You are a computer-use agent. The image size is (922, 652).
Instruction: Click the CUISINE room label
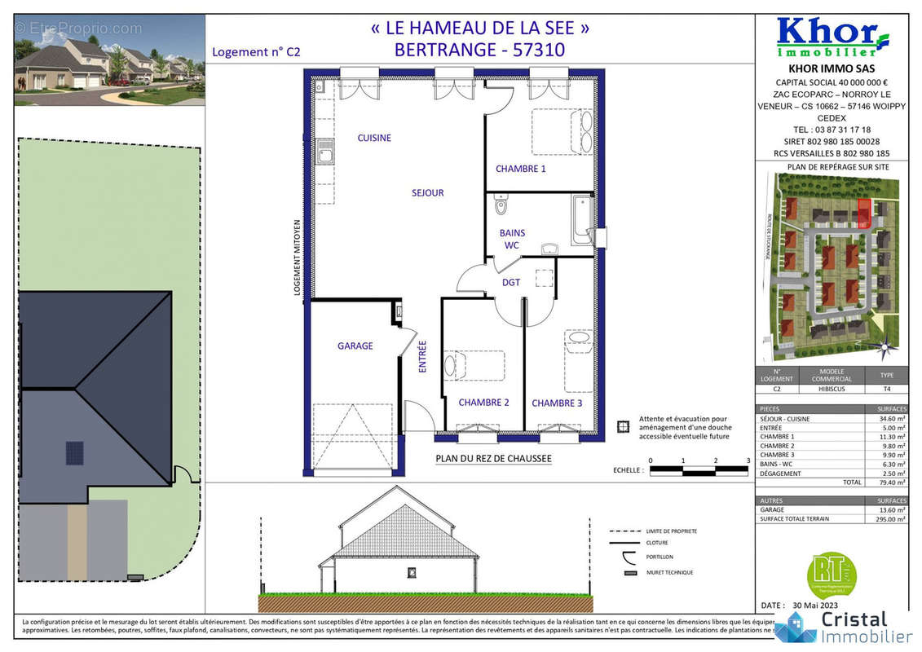pyautogui.click(x=374, y=138)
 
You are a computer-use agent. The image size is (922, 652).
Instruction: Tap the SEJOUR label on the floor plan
pyautogui.click(x=427, y=193)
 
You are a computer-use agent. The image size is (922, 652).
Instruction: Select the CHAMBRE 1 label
pyautogui.click(x=521, y=169)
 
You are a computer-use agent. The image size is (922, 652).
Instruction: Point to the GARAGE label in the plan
pyautogui.click(x=355, y=346)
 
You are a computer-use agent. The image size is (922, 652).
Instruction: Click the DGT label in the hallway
pyautogui.click(x=511, y=282)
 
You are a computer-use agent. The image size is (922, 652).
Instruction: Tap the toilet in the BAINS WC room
pyautogui.click(x=501, y=203)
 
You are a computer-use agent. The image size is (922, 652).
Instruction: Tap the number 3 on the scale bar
pyautogui.click(x=748, y=460)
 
